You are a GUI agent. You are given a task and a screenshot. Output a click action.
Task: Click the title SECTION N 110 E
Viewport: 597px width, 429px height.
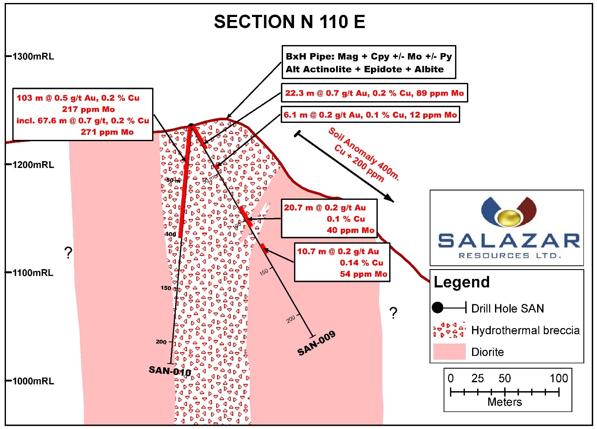click(289, 22)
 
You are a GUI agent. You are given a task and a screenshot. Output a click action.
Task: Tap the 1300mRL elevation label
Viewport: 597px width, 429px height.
click(33, 57)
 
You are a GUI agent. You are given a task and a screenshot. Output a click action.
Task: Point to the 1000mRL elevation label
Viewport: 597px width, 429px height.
click(33, 381)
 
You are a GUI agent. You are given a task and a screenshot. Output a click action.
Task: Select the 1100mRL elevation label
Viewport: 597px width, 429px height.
click(33, 273)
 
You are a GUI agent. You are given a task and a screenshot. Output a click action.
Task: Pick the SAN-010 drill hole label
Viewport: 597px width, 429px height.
click(170, 371)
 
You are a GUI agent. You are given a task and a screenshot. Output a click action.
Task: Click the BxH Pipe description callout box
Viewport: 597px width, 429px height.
click(369, 63)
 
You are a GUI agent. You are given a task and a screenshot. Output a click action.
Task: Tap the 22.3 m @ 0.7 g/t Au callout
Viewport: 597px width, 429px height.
click(374, 93)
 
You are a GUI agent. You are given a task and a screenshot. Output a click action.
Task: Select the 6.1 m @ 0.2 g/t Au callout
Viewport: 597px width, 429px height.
click(370, 115)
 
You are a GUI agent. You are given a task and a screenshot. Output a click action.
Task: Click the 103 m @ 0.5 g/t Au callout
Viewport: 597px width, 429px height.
click(83, 115)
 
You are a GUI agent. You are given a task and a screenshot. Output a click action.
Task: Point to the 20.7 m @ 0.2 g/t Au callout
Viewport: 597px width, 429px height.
click(329, 219)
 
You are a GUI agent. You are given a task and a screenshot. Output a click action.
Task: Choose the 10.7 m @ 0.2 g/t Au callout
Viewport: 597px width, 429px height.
click(342, 262)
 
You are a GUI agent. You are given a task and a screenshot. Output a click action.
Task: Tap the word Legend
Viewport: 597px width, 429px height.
click(461, 282)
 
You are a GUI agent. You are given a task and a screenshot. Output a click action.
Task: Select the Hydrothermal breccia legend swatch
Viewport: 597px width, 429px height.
click(449, 330)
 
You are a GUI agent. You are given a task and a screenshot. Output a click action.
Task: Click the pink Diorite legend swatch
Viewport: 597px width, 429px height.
click(449, 352)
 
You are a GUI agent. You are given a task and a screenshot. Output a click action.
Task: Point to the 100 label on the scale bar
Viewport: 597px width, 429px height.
click(559, 378)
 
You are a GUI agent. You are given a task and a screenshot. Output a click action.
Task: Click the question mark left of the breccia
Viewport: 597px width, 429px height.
click(68, 253)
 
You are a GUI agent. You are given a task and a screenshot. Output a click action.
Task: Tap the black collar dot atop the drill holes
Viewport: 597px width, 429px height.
click(191, 125)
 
